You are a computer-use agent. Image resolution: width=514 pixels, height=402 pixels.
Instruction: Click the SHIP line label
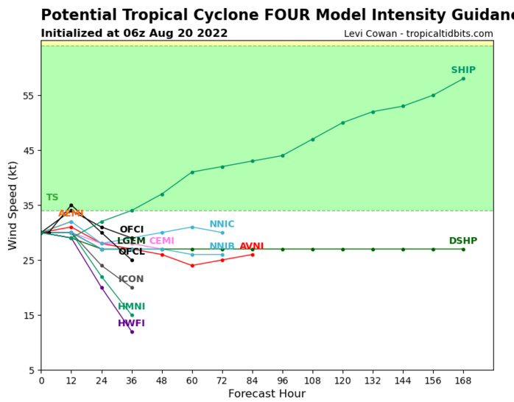point(462,71)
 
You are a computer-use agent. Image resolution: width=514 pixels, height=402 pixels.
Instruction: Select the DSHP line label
point(462,241)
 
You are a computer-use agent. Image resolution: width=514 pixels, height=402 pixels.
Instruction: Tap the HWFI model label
point(131,324)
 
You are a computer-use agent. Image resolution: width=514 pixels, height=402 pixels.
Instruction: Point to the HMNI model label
point(131,307)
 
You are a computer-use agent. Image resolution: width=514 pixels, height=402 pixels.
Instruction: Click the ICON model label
point(131,280)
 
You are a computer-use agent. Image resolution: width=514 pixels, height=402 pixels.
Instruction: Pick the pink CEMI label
point(161,241)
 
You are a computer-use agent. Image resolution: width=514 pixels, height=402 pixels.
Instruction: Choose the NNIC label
point(222,225)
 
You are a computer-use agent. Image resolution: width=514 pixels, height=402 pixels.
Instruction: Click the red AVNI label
point(251,247)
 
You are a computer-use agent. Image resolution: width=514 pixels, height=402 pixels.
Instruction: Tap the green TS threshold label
point(52,198)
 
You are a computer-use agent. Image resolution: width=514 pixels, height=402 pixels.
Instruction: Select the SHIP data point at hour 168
point(463,79)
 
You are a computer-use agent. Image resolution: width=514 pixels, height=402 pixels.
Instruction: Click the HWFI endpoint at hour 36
point(132,332)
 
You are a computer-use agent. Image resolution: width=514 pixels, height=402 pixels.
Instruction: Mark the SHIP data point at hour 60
point(192,172)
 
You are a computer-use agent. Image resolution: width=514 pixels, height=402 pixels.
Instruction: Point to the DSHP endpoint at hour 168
point(463,250)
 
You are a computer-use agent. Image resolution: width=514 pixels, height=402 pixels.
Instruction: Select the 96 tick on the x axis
point(282,381)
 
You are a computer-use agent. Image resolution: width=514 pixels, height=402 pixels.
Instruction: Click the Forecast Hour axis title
point(267,394)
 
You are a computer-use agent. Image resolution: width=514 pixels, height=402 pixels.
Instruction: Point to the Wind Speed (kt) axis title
point(13,205)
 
